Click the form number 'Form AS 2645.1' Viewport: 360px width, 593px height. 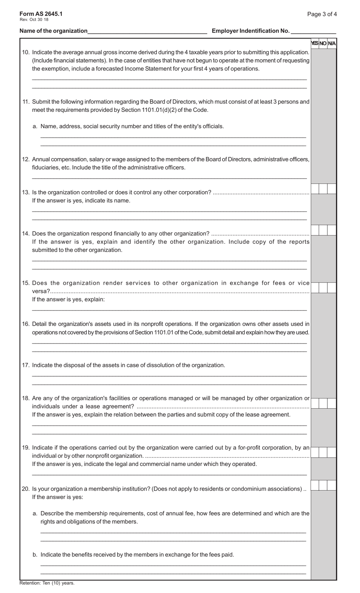coord(41,14)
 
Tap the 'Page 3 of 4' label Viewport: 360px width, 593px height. coord(322,14)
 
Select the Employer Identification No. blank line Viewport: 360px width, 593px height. coord(313,31)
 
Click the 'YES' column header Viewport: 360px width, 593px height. coord(315,44)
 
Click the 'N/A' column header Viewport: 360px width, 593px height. coord(332,44)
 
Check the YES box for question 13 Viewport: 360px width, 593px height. coord(315,189)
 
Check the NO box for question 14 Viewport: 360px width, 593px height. coord(323,230)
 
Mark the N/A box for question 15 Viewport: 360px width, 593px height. coord(332,288)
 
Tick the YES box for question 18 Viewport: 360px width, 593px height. coord(315,403)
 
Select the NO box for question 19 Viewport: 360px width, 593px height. coord(323,452)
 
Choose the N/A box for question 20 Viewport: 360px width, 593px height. coord(332,485)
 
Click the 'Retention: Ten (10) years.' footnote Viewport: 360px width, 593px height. coord(47,583)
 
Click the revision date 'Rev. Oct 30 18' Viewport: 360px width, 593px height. coord(34,20)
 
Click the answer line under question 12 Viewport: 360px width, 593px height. coord(169,177)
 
